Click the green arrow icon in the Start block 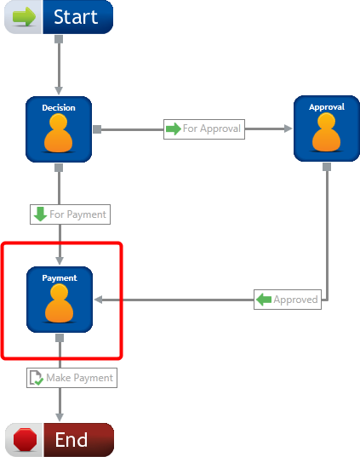point(24,17)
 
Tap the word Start point(76,17)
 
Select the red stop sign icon point(25,439)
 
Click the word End point(71,439)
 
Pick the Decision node point(59,129)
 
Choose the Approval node point(327,129)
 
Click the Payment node point(60,300)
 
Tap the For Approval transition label point(204,129)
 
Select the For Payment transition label point(70,214)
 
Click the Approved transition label point(288,300)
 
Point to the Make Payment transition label point(72,378)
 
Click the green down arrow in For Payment point(40,214)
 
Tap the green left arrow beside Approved point(264,300)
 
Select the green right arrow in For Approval point(174,129)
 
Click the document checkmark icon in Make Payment point(37,378)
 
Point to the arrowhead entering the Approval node point(288,129)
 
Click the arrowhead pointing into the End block point(60,417)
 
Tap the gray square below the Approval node point(327,167)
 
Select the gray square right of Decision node point(97,129)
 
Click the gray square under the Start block point(59,39)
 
